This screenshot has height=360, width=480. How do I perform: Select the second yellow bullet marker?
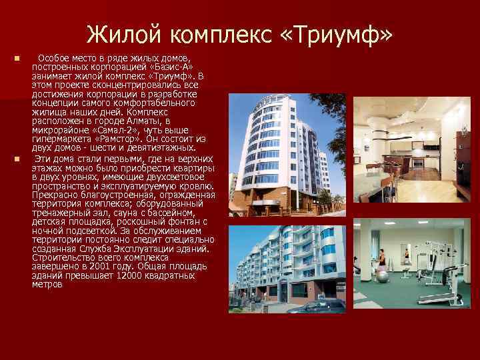pyautogui.click(x=16, y=159)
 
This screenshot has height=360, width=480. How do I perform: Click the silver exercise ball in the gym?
pyautogui.click(x=385, y=275)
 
